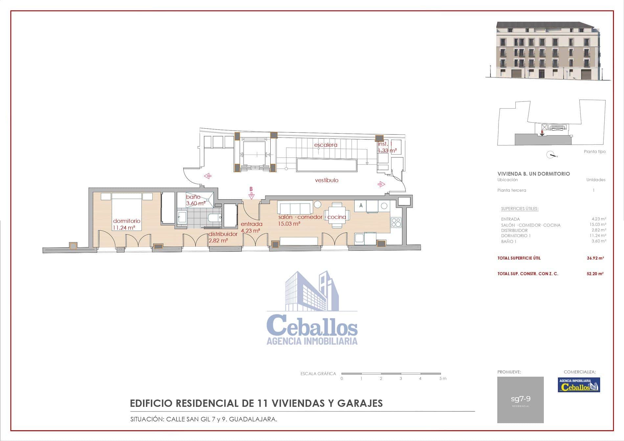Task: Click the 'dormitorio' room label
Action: click(x=126, y=221)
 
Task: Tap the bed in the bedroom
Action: click(x=126, y=210)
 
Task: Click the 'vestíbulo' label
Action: click(x=326, y=180)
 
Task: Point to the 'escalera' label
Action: click(x=325, y=145)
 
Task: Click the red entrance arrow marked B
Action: click(x=251, y=196)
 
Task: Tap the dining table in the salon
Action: click(x=337, y=215)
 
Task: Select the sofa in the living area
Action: click(x=295, y=207)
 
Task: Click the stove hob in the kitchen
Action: click(x=396, y=223)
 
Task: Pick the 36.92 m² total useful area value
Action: click(x=595, y=258)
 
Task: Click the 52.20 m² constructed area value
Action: click(x=595, y=274)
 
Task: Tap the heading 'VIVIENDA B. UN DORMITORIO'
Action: click(x=533, y=174)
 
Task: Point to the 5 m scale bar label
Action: click(x=443, y=379)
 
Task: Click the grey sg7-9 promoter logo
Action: click(x=520, y=400)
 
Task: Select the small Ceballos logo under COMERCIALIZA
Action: click(x=579, y=385)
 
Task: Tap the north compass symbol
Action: click(x=551, y=155)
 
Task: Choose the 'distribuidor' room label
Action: click(x=223, y=234)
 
